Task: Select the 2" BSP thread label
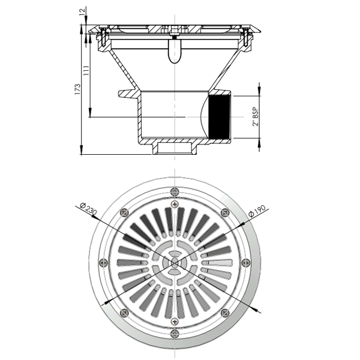256,116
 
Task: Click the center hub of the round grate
174,262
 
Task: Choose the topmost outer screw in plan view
174,191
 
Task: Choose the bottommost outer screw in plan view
174,333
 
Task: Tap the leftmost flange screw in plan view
103,262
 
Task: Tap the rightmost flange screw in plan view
245,262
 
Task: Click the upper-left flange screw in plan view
124,211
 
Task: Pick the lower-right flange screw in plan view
224,312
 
